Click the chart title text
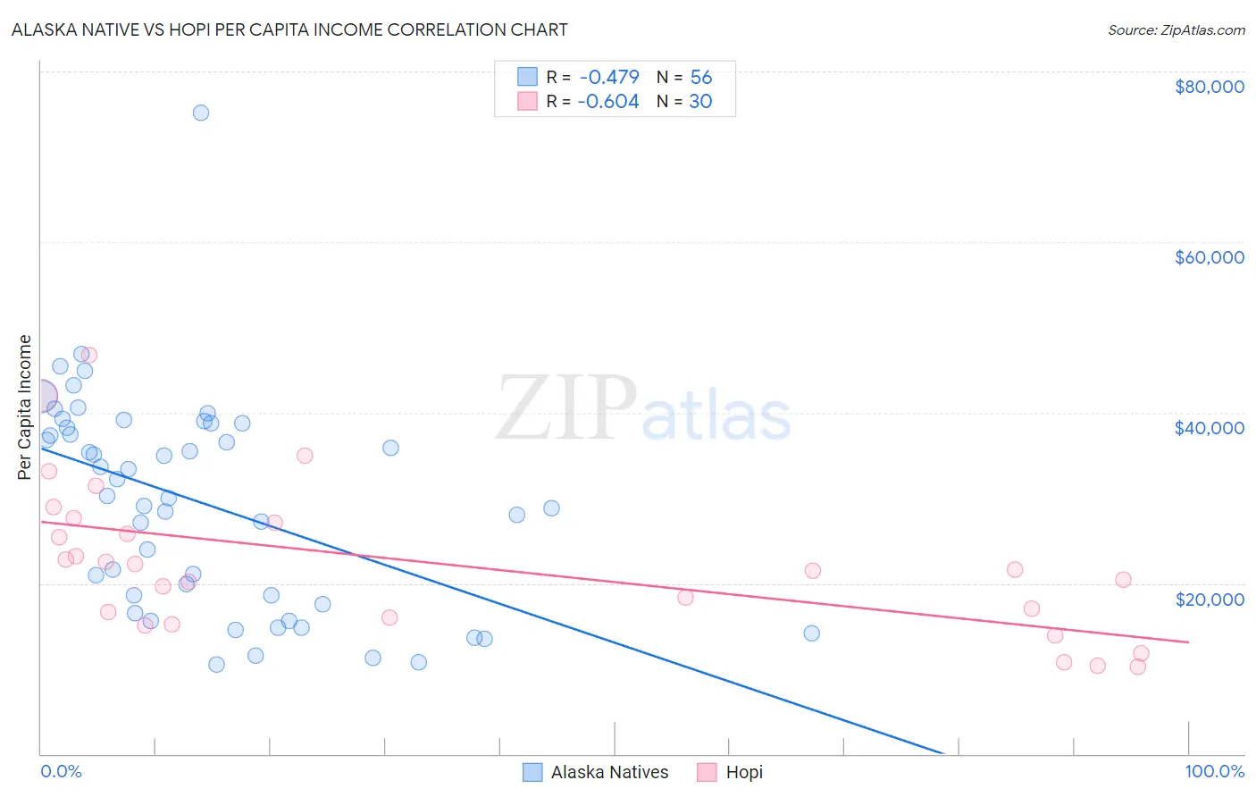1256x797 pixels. (289, 29)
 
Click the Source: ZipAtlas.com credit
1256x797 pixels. (1176, 29)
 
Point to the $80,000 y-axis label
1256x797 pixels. (1209, 87)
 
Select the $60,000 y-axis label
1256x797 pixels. (1209, 257)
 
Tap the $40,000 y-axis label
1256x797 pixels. (1209, 428)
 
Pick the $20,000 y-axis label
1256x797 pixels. (1209, 599)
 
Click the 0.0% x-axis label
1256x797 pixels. (61, 771)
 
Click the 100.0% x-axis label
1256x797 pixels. (1214, 771)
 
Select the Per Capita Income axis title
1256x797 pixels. (25, 407)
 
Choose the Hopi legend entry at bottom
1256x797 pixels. (744, 772)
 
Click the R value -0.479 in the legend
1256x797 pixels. (609, 78)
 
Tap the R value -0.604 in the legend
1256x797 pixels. (608, 102)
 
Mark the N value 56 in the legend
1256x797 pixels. (701, 78)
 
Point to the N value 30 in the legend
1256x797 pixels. (700, 102)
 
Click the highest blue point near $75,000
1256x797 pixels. (201, 113)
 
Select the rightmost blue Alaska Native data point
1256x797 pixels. (811, 633)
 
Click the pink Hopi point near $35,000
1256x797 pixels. (305, 456)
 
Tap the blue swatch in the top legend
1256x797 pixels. (528, 77)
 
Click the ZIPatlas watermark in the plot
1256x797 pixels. (643, 409)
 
